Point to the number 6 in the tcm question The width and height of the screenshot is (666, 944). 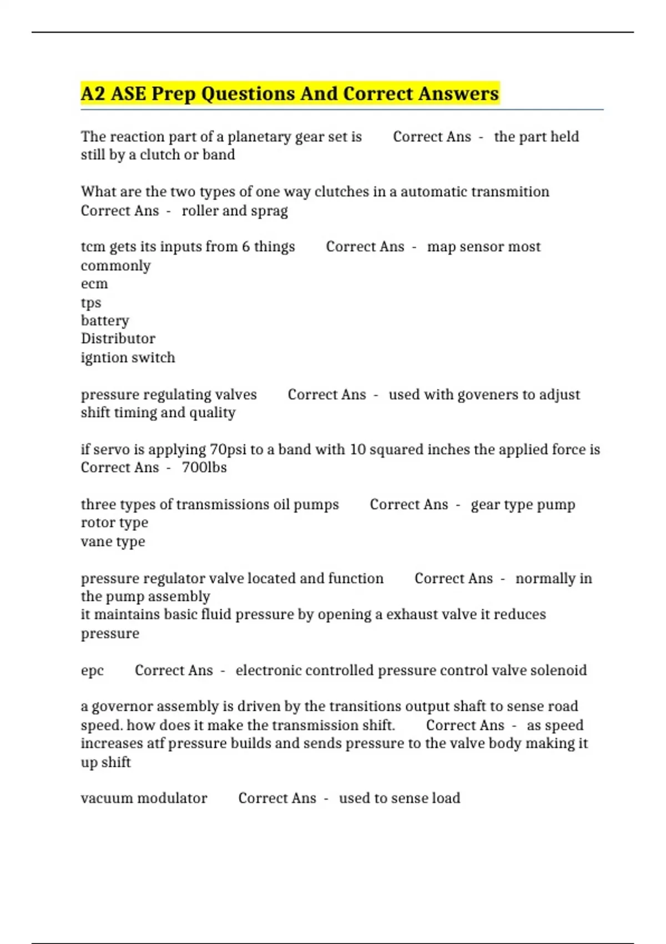pyautogui.click(x=245, y=247)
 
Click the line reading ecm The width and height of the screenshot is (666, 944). pyautogui.click(x=94, y=284)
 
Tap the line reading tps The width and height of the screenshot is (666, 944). pyautogui.click(x=91, y=303)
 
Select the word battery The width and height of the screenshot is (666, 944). pyautogui.click(x=105, y=321)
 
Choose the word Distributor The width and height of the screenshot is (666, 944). pyautogui.click(x=118, y=339)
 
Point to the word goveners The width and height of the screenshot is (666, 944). pyautogui.click(x=474, y=395)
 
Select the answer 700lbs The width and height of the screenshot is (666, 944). pyautogui.click(x=204, y=468)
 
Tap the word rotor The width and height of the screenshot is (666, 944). pyautogui.click(x=96, y=523)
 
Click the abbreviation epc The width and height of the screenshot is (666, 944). pyautogui.click(x=92, y=671)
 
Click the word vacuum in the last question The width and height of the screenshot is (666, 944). pyautogui.click(x=107, y=799)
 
